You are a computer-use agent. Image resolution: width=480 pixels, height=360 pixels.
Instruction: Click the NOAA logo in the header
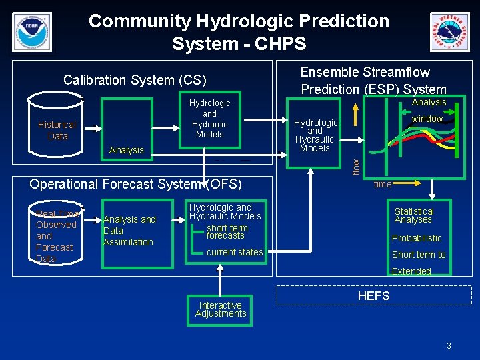tap(31, 31)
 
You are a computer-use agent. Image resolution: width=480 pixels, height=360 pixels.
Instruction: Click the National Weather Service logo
tap(449, 32)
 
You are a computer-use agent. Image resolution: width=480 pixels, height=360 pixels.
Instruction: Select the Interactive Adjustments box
tap(221, 310)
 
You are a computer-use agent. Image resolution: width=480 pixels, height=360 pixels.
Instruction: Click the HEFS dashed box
tap(374, 295)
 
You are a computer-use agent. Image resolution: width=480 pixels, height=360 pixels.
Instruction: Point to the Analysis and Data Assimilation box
tap(129, 230)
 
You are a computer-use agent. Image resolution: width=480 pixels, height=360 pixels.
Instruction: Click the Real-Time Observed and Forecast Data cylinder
tap(57, 235)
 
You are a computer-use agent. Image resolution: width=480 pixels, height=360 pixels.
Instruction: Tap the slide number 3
tap(449, 345)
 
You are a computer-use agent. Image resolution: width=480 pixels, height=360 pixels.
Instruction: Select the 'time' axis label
tap(383, 183)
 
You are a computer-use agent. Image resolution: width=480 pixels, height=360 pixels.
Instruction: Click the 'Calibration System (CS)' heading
tap(135, 80)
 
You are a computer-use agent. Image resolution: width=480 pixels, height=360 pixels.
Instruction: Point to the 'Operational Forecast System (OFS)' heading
tap(135, 184)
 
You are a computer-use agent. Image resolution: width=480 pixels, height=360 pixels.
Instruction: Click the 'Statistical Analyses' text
tap(414, 215)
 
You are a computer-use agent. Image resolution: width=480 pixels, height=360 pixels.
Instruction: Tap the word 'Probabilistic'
tap(417, 238)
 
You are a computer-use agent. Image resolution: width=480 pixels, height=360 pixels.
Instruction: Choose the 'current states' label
tap(235, 252)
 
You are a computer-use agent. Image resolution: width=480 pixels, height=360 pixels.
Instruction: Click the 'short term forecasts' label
tap(226, 231)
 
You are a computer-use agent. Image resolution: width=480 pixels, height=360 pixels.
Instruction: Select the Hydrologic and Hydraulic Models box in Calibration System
tap(209, 119)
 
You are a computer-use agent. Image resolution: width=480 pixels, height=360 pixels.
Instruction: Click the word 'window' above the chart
tap(427, 119)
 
